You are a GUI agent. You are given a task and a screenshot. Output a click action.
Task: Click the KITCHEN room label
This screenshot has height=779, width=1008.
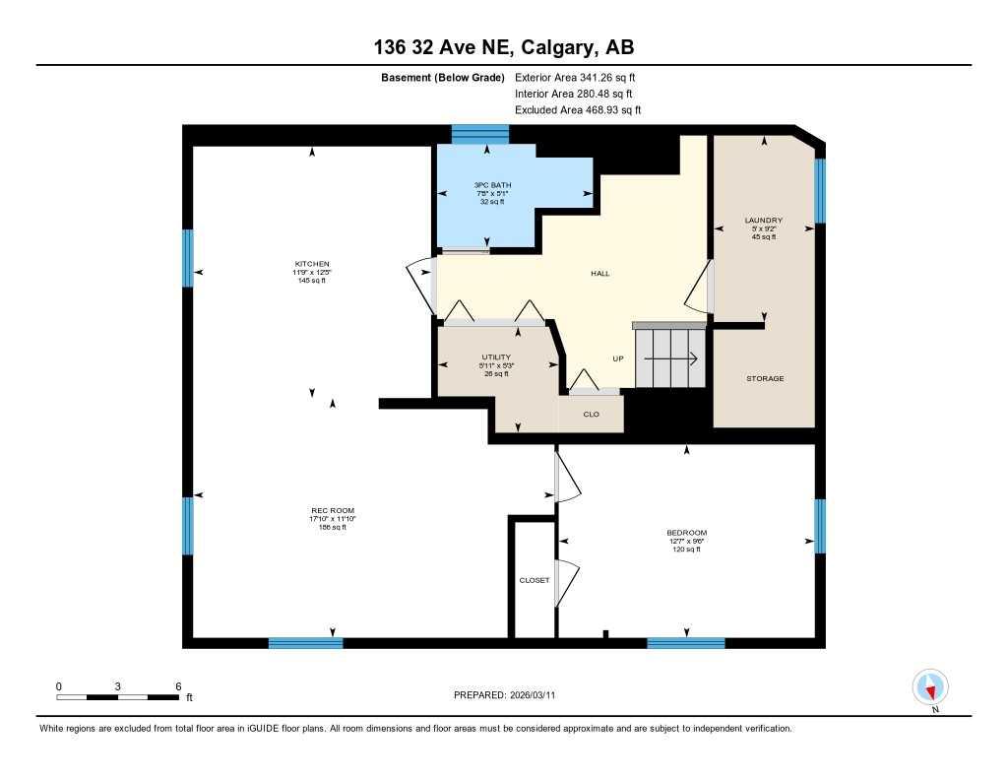pos(311,264)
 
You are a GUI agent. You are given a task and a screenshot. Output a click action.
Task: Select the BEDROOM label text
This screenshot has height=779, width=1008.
pos(686,533)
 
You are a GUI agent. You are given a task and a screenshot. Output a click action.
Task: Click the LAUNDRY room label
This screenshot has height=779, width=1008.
pos(763,220)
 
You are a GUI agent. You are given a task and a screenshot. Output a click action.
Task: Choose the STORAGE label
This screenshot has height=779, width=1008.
pos(765,378)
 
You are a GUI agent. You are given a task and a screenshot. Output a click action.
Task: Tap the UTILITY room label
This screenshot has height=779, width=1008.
pos(496,357)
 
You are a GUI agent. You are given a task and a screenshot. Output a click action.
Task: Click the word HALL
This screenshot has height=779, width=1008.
pos(599,273)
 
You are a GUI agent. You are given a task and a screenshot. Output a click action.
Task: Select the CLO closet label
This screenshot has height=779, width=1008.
pos(592,414)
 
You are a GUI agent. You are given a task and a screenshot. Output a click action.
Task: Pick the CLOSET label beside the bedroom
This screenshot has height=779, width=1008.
pos(535,580)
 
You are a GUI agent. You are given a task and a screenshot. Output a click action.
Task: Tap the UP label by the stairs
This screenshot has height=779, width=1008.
pos(618,358)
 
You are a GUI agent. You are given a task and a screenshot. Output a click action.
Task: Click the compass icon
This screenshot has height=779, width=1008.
pos(930,686)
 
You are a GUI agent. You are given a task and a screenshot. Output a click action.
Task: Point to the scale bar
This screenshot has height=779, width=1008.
pos(117,696)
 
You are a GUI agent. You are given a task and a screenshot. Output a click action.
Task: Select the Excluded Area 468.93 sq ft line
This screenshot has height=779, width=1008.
pos(578,110)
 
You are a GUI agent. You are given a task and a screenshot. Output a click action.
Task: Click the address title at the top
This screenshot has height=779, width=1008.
pos(503,47)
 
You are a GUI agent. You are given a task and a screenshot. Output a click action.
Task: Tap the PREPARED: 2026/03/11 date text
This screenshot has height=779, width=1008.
pos(510,695)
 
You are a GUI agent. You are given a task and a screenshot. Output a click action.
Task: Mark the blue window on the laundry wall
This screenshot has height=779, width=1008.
pos(819,190)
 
